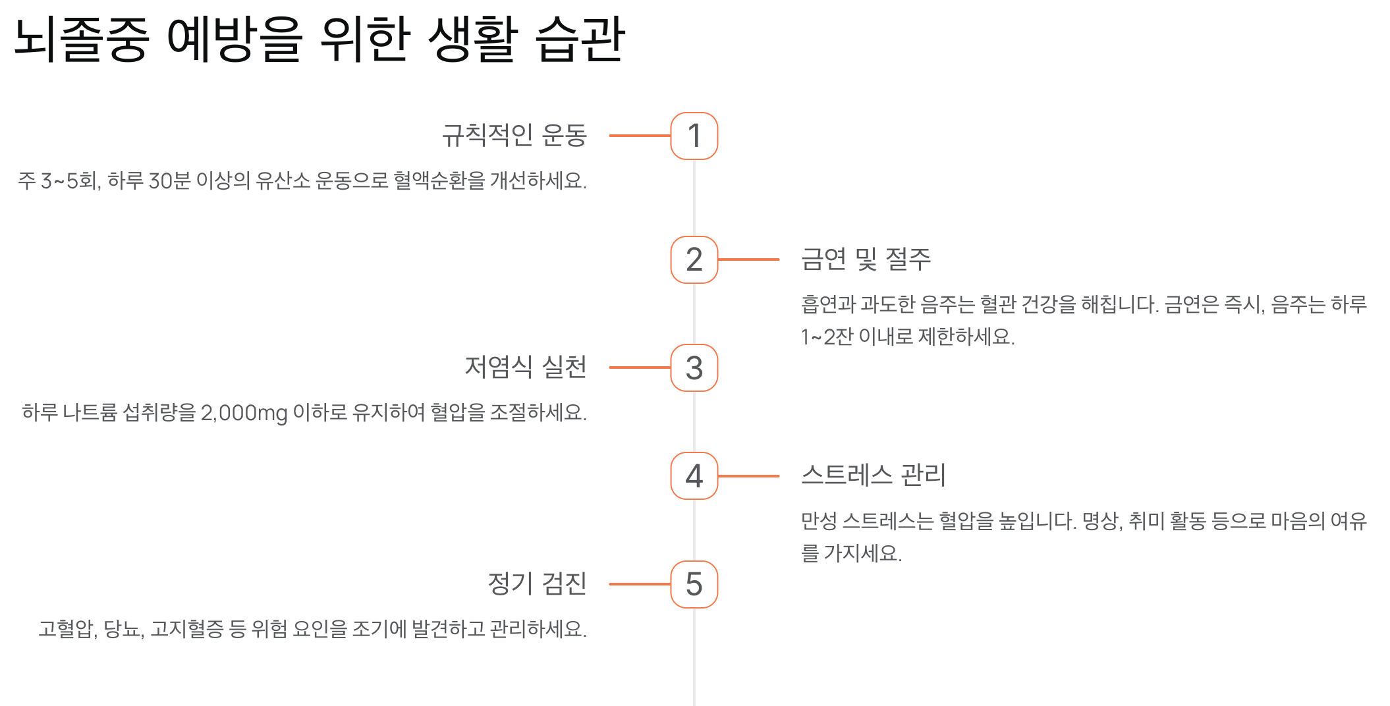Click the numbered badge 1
[694, 136]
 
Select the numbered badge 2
[694, 259]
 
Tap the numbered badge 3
[694, 367]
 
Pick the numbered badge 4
[694, 475]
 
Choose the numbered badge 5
[694, 584]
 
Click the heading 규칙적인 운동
[514, 135]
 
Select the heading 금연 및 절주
[866, 259]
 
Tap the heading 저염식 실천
[525, 367]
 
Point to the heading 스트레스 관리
[874, 475]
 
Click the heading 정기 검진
[537, 584]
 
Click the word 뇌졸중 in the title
[81, 40]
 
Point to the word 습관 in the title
[580, 40]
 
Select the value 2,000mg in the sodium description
[244, 413]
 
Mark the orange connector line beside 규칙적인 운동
[640, 136]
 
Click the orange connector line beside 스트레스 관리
[748, 475]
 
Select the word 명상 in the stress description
[1100, 521]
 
